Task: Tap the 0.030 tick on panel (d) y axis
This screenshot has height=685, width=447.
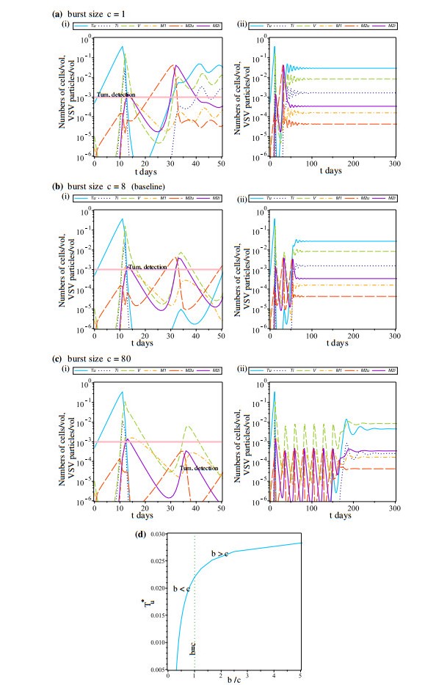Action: click(x=156, y=534)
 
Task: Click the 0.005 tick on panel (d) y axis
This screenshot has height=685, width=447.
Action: click(x=156, y=669)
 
